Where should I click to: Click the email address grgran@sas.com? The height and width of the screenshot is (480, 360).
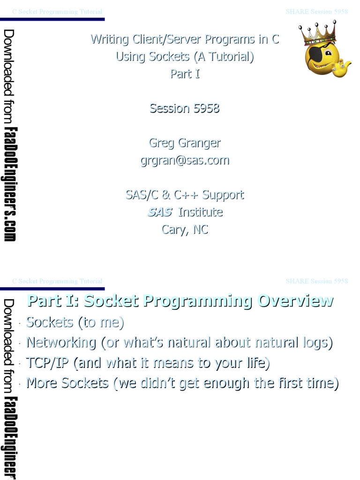pyautogui.click(x=185, y=160)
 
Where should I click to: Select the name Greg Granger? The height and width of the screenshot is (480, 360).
pyautogui.click(x=185, y=142)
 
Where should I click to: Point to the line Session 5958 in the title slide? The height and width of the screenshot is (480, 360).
pyautogui.click(x=185, y=108)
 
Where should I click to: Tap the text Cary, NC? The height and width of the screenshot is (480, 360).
pyautogui.click(x=185, y=229)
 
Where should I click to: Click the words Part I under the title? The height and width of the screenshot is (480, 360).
pyautogui.click(x=185, y=74)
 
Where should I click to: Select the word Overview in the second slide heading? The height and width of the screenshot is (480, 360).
pyautogui.click(x=295, y=300)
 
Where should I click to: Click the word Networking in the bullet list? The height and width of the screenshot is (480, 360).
pyautogui.click(x=61, y=343)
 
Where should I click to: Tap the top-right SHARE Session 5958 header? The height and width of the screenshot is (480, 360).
pyautogui.click(x=317, y=12)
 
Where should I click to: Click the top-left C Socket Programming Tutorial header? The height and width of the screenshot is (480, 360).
pyautogui.click(x=57, y=12)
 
